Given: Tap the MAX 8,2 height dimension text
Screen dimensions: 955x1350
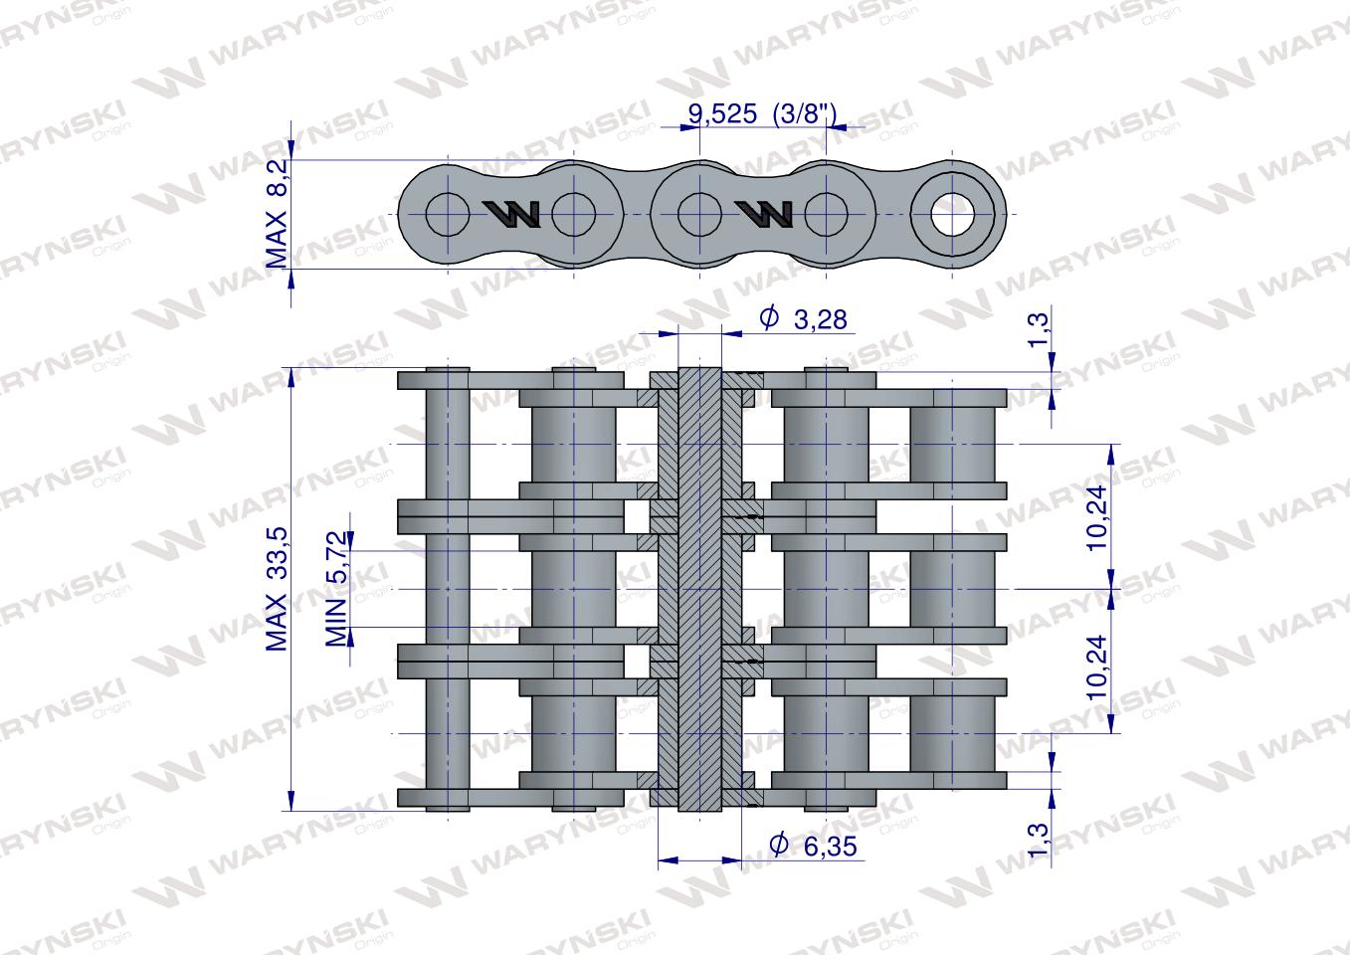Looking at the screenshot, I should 277,214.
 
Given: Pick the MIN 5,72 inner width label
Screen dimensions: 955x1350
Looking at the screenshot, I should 338,589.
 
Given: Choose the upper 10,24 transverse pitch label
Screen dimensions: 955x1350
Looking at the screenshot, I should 1096,517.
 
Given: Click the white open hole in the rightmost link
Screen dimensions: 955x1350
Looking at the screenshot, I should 953,213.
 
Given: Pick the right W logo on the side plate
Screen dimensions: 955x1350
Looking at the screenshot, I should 763,213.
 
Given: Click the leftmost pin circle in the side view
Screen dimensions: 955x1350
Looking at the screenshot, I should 447,213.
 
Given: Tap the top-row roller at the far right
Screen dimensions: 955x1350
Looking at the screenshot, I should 953,443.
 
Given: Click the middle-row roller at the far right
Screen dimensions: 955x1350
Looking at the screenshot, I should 953,589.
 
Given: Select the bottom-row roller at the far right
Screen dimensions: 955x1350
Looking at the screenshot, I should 953,734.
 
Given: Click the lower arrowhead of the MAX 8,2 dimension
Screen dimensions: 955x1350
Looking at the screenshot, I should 290,278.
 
